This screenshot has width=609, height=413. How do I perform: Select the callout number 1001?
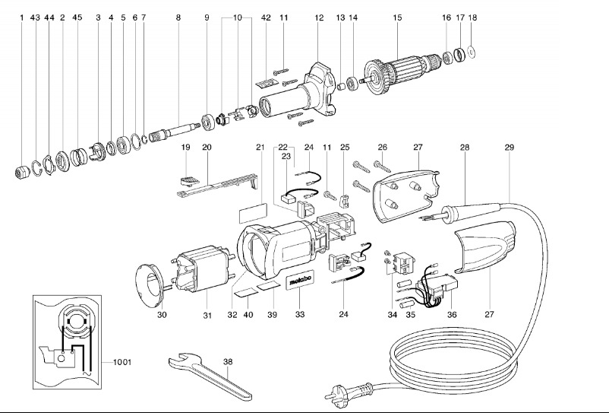pos(122,363)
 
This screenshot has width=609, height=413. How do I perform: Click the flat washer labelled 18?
pos(472,52)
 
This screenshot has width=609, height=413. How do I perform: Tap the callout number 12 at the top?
pos(319,17)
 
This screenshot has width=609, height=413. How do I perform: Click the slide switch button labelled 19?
pos(189,181)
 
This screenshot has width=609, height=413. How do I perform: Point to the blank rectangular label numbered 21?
pos(253,212)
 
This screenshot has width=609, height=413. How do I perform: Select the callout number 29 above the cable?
pos(510,148)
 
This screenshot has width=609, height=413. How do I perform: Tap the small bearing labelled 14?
pos(353,84)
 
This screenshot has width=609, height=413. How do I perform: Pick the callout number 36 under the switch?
pos(452,314)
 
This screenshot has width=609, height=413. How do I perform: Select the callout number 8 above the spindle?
pos(178,17)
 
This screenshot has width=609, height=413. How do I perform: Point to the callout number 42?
pos(266,17)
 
